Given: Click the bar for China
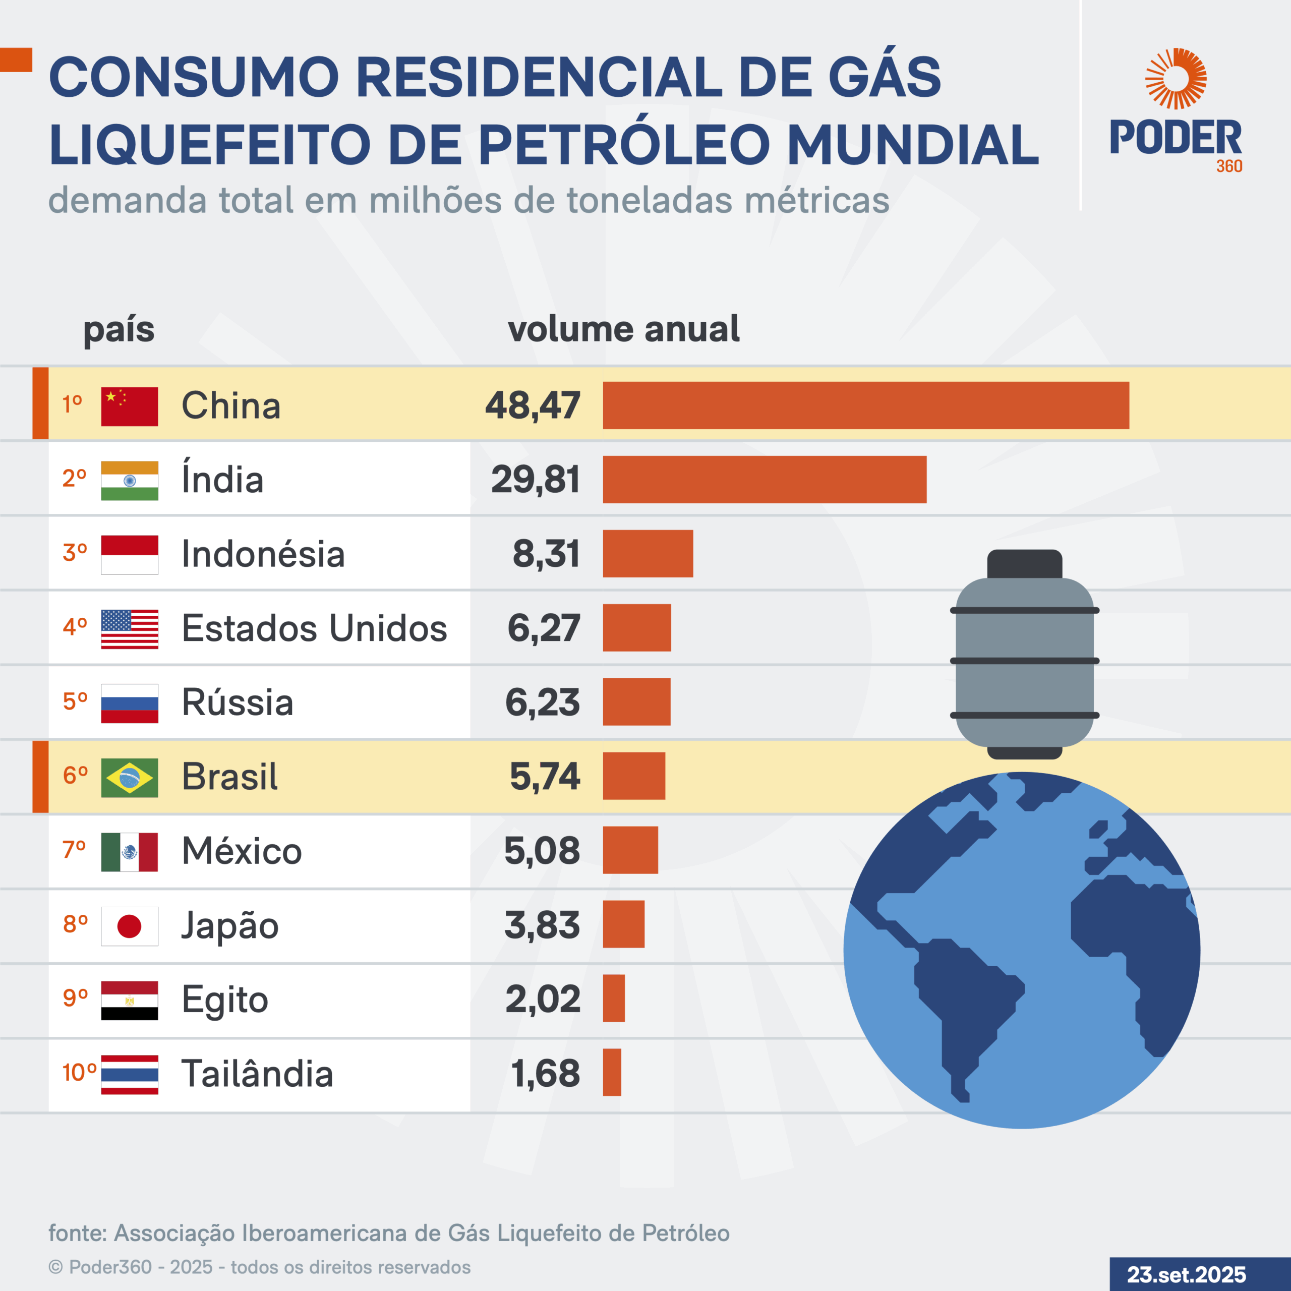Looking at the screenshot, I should pyautogui.click(x=865, y=405).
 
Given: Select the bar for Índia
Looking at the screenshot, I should pyautogui.click(x=765, y=480).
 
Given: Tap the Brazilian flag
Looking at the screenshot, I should pyautogui.click(x=130, y=778).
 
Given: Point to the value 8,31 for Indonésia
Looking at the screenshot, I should pyautogui.click(x=546, y=554).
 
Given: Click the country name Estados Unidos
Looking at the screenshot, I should pyautogui.click(x=314, y=628).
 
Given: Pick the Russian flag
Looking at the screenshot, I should pyautogui.click(x=130, y=703).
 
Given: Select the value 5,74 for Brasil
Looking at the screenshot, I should pyautogui.click(x=545, y=777).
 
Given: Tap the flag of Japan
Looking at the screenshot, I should pyautogui.click(x=130, y=926).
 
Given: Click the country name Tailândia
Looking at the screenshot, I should pyautogui.click(x=257, y=1074).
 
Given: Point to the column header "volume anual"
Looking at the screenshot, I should pyautogui.click(x=623, y=329).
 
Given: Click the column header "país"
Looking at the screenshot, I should pyautogui.click(x=119, y=329).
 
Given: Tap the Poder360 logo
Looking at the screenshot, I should pyautogui.click(x=1176, y=110).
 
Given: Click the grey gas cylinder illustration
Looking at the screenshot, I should pyautogui.click(x=1024, y=662).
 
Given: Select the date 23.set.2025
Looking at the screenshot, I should pyautogui.click(x=1186, y=1274).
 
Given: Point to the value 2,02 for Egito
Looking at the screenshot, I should pyautogui.click(x=543, y=999).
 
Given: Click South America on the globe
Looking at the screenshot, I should pyautogui.click(x=962, y=1003).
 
